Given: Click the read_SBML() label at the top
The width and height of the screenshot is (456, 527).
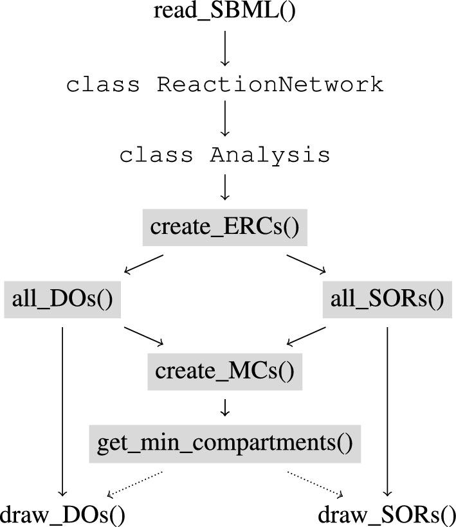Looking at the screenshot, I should pyautogui.click(x=224, y=12).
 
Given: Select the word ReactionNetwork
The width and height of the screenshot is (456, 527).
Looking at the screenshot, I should pyautogui.click(x=270, y=84).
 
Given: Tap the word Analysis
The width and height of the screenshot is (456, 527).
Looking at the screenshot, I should pyautogui.click(x=270, y=155).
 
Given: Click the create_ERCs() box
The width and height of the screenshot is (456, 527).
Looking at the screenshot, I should pyautogui.click(x=224, y=228).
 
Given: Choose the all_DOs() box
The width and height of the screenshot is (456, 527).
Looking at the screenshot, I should pyautogui.click(x=62, y=299).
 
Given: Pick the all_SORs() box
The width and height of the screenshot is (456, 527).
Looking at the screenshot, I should pyautogui.click(x=387, y=299).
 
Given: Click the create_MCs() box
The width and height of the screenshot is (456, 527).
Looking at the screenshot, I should pyautogui.click(x=224, y=371).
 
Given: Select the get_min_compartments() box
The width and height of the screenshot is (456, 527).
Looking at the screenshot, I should pyautogui.click(x=224, y=443).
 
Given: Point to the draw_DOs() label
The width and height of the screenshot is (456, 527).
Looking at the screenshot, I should pyautogui.click(x=62, y=514).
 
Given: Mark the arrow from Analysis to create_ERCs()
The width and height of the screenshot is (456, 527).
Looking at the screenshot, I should pyautogui.click(x=224, y=188).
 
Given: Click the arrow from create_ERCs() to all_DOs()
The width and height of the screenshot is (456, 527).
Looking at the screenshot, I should pyautogui.click(x=143, y=264).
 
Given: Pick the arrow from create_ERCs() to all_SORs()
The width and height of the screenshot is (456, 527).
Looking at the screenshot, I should pyautogui.click(x=306, y=264).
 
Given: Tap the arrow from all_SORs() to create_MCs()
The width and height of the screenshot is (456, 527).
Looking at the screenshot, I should pyautogui.click(x=306, y=336).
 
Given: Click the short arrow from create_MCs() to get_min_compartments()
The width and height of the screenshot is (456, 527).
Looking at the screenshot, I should pyautogui.click(x=224, y=407).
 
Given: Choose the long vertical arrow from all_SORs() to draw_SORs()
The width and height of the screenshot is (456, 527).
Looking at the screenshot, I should pyautogui.click(x=387, y=411).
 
